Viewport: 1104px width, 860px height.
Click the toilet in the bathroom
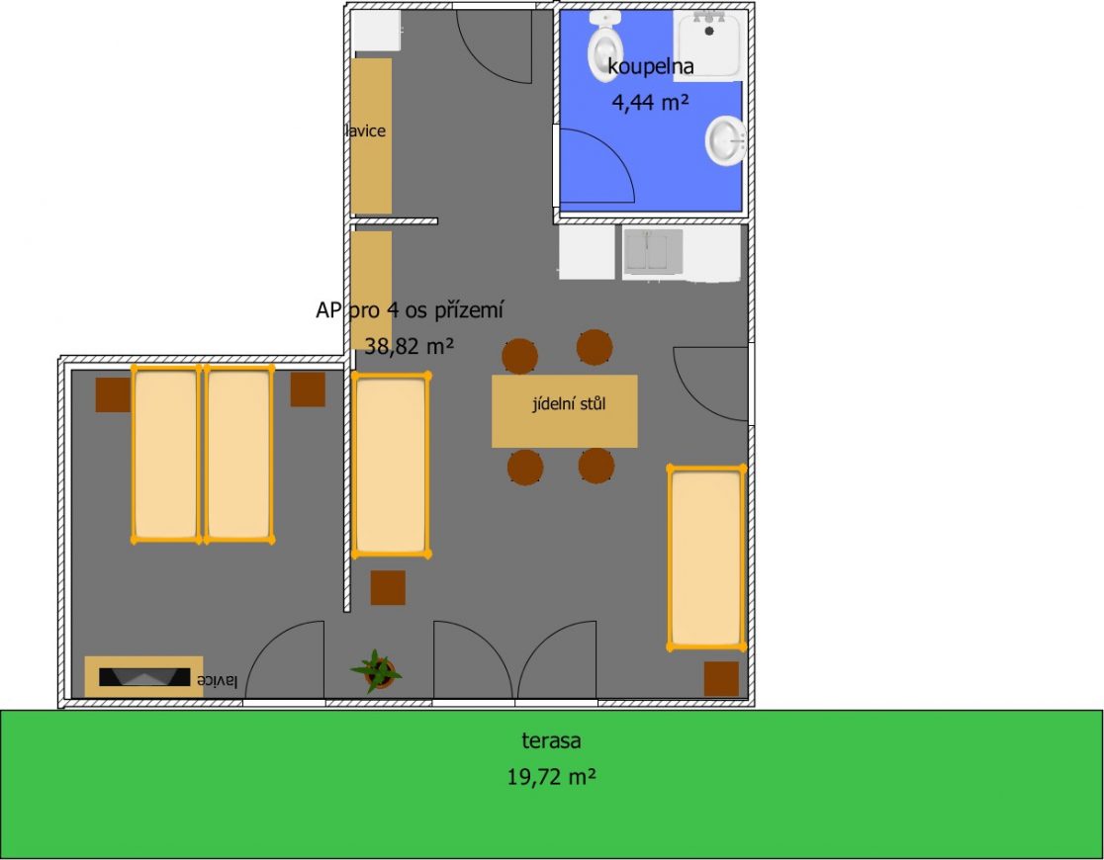(x=605, y=45)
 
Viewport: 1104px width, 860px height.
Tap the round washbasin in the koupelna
(x=726, y=140)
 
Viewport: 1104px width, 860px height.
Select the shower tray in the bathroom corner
(x=709, y=43)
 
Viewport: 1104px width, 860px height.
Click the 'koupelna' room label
(x=651, y=66)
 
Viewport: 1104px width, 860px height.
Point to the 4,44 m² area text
(x=650, y=103)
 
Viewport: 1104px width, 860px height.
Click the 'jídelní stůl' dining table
(x=564, y=411)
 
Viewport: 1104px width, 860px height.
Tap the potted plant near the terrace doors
(x=377, y=670)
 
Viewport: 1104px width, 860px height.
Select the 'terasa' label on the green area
(x=551, y=740)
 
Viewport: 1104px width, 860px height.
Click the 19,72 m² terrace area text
(x=552, y=777)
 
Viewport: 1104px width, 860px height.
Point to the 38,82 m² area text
(x=409, y=346)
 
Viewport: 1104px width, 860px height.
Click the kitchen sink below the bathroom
(x=653, y=252)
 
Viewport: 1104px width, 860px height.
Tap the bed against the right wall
(x=706, y=557)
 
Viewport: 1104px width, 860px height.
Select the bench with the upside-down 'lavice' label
(x=143, y=676)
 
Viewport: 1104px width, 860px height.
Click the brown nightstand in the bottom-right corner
(x=722, y=678)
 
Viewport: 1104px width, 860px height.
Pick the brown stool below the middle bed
(x=388, y=587)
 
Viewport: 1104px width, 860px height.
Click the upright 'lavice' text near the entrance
(x=365, y=130)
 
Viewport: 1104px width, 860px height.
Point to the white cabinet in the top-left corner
(x=377, y=31)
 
